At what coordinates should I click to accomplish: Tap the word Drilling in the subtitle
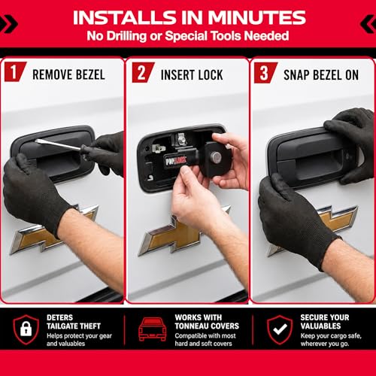click(x=127, y=36)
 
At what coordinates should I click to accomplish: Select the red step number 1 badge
click(x=15, y=71)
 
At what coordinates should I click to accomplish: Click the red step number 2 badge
click(x=143, y=72)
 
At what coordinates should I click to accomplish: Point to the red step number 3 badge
click(x=265, y=73)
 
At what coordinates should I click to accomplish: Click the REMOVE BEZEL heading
click(x=68, y=74)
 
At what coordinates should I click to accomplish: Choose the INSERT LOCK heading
click(x=192, y=75)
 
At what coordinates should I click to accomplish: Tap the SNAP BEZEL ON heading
click(x=321, y=75)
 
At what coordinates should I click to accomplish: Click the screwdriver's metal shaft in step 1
click(x=59, y=144)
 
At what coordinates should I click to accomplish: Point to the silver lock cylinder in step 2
click(x=216, y=157)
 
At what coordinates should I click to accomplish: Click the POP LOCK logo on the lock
click(x=175, y=160)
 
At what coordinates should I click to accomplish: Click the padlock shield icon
click(x=26, y=330)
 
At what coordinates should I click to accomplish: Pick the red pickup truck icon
click(x=153, y=329)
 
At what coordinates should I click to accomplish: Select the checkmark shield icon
click(x=280, y=330)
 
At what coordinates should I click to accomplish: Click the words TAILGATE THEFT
click(x=74, y=326)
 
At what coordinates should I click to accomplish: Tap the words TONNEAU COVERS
click(x=207, y=326)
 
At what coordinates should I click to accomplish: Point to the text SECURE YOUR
click(x=325, y=317)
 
